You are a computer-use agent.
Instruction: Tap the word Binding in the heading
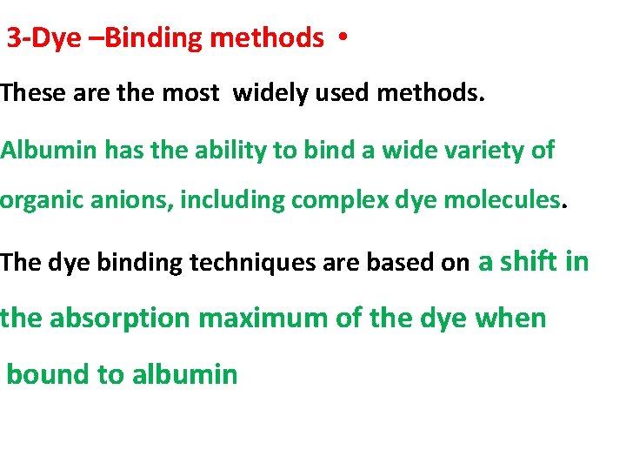click(144, 38)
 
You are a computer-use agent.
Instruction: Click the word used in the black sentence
click(342, 93)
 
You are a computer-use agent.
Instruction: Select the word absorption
click(119, 319)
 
